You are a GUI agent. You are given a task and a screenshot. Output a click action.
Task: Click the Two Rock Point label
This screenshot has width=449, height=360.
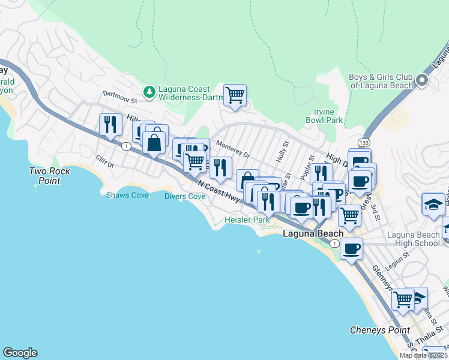50,176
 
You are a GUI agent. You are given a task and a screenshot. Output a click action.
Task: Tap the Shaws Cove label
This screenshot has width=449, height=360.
128,195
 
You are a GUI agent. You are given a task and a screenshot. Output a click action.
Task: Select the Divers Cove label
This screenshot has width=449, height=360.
185,196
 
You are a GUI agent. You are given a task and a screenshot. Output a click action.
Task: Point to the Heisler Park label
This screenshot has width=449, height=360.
247,220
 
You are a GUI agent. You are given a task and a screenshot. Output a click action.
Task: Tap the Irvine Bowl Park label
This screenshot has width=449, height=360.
328,116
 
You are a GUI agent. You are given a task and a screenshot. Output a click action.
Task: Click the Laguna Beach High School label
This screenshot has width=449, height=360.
414,239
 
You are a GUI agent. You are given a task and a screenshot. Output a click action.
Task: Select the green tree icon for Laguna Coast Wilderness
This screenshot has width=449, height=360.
148,91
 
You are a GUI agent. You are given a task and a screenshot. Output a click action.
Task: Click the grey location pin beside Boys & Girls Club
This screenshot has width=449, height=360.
423,80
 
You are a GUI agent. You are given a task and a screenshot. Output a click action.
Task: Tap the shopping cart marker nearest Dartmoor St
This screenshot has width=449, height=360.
235,95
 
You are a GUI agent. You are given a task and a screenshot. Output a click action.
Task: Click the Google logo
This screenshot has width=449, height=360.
20,353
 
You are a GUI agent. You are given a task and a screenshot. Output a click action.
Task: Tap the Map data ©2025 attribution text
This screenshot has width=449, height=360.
424,355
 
